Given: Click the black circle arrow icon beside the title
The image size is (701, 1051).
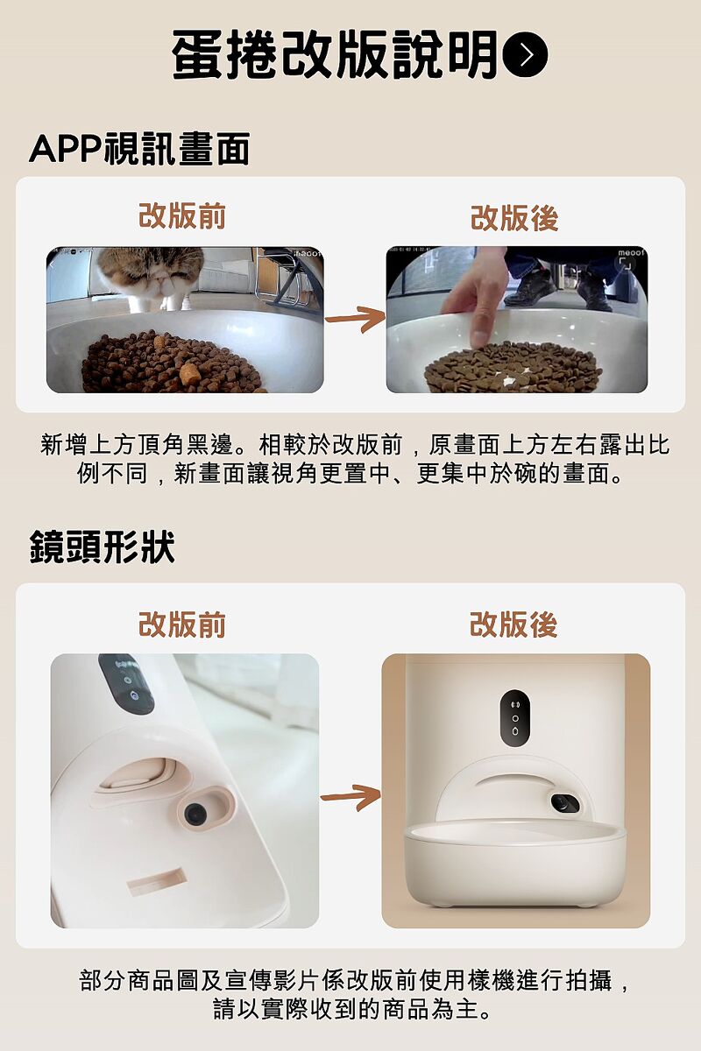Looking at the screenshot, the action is [x=525, y=54].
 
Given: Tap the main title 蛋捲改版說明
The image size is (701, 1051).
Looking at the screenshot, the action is [x=335, y=54].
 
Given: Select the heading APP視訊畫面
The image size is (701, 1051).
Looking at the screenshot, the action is [x=139, y=149].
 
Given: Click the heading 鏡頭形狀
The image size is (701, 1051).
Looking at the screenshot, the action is [x=102, y=547].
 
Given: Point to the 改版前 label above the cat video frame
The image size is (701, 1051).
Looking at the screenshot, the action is [x=182, y=216].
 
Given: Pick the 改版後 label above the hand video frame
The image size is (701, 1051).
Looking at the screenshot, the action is [x=514, y=218].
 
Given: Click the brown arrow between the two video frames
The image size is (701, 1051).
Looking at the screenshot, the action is [x=356, y=319].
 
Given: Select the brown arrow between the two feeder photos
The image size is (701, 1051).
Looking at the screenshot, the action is [x=350, y=797].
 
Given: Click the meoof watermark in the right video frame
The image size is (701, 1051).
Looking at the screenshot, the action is [x=632, y=253].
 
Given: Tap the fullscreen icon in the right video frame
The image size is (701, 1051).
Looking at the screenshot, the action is [x=626, y=265].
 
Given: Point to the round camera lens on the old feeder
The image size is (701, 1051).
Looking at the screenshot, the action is [x=193, y=813].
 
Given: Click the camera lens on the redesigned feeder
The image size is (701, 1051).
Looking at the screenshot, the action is [x=564, y=804].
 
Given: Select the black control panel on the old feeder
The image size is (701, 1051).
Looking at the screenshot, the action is [x=126, y=684].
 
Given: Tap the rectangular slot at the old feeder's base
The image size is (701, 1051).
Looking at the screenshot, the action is [x=155, y=882].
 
